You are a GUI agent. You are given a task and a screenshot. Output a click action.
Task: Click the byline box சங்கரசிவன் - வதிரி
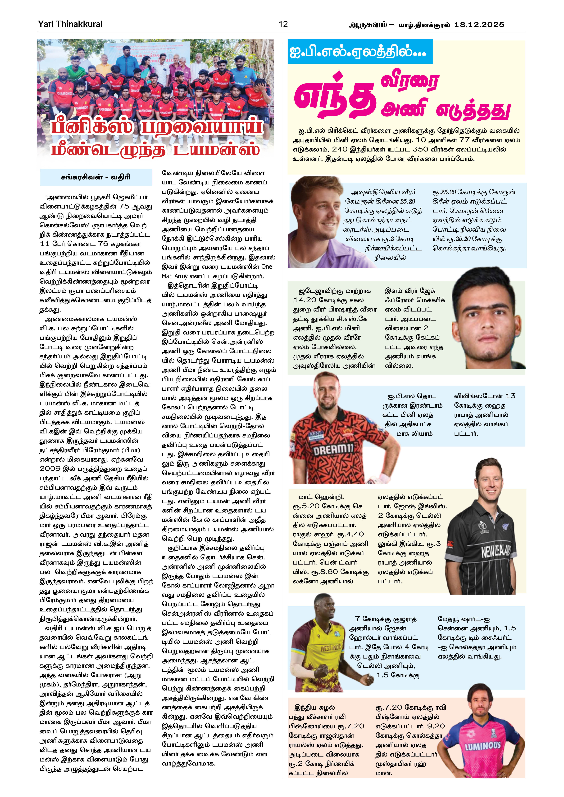[x=96, y=177]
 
